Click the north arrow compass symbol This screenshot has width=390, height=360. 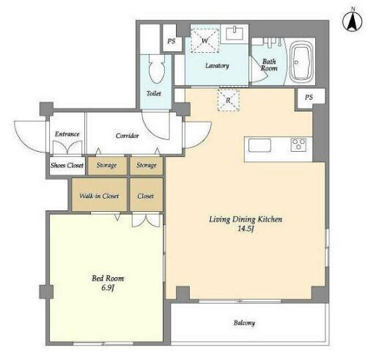click(353, 21)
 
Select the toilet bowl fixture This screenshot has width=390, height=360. click(157, 69)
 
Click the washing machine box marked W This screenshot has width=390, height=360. click(205, 40)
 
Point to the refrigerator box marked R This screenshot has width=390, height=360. click(228, 100)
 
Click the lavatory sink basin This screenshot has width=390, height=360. click(235, 34)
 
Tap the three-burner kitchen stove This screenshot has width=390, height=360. click(298, 144)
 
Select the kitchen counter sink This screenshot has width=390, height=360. click(260, 145)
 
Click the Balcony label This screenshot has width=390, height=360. click(244, 323)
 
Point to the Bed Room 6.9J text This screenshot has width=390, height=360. click(108, 283)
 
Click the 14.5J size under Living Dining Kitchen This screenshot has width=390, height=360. click(246, 229)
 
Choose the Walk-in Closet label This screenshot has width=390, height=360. click(99, 196)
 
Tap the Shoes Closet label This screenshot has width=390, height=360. click(67, 166)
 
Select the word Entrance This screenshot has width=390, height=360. click(67, 134)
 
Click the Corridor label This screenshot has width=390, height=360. click(127, 136)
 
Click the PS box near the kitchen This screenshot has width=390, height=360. click(310, 97)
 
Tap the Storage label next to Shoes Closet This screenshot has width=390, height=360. click(107, 165)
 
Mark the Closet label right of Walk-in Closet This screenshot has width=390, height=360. click(145, 196)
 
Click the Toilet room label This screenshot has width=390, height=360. click(154, 94)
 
